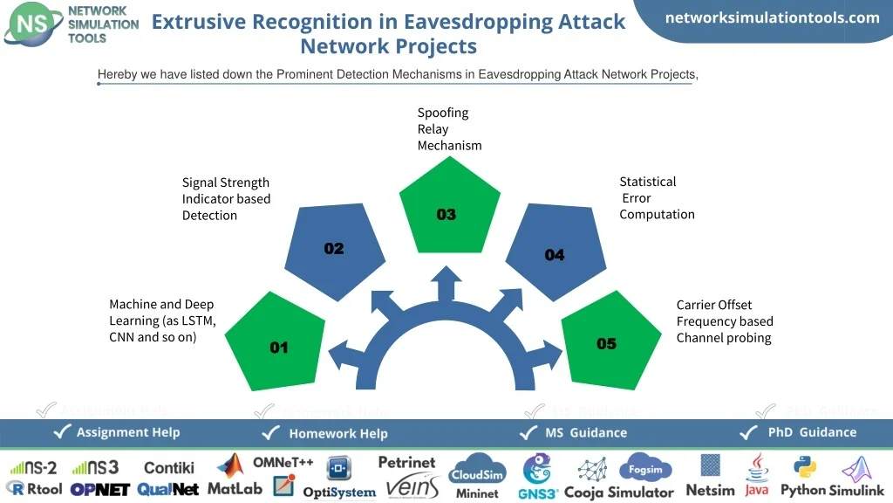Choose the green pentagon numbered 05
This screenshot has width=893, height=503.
610,341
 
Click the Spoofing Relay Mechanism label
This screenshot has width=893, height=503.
449,129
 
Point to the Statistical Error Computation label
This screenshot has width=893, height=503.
657,198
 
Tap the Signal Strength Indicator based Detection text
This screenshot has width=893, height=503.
226,199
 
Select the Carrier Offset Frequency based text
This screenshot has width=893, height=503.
725,321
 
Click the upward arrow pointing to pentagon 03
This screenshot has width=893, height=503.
448,283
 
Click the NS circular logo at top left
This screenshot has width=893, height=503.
32,24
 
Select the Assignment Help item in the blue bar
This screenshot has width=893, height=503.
127,432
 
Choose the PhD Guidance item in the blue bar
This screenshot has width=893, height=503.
811,432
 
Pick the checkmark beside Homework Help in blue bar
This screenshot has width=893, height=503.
273,433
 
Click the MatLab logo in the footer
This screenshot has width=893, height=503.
234,477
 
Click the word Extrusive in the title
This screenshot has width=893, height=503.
200,23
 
